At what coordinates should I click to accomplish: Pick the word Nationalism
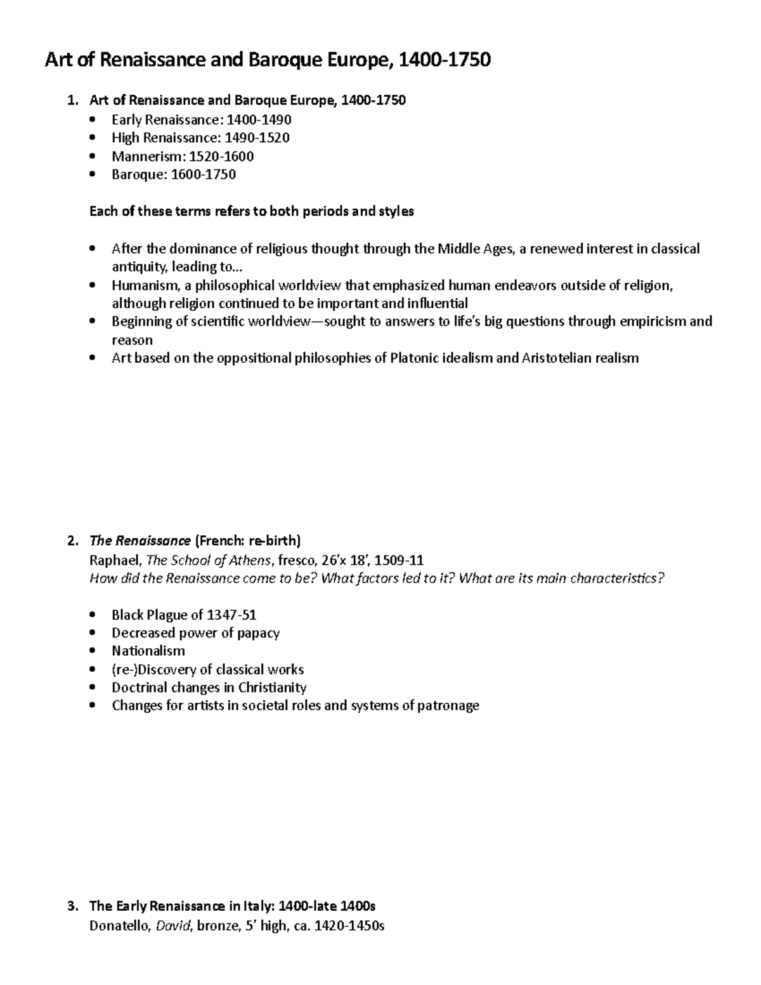click(148, 651)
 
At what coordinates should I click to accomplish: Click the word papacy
click(258, 633)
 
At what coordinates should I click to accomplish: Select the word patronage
click(448, 705)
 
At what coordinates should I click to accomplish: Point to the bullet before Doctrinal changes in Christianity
click(94, 688)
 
